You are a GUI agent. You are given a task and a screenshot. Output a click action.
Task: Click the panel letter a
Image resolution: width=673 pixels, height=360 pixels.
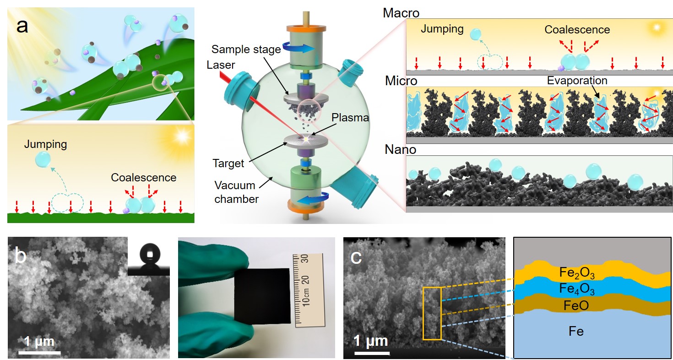(x=22, y=26)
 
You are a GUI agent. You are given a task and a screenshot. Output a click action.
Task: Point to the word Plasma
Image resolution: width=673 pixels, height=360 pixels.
(x=352, y=118)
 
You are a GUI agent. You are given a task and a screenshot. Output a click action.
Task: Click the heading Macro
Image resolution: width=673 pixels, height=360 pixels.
(x=401, y=13)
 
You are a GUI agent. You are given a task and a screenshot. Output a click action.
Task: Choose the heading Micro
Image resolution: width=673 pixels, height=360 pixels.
(x=401, y=81)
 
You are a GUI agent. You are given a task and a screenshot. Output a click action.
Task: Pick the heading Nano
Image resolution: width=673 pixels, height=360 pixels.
(x=399, y=149)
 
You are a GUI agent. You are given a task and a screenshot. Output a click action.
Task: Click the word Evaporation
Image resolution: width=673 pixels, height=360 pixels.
(x=577, y=81)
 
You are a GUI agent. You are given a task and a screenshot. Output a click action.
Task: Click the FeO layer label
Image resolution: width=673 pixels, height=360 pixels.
(x=577, y=305)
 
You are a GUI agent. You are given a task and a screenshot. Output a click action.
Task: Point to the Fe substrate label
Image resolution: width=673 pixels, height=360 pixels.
(x=576, y=331)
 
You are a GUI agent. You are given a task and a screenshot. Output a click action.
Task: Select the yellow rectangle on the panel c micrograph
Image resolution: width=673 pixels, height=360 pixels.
(x=432, y=313)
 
